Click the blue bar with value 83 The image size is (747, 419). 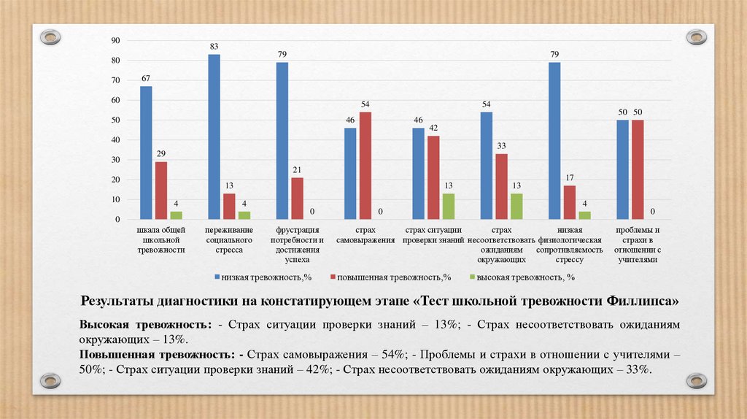click(214, 137)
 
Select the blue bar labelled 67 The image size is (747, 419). click(146, 153)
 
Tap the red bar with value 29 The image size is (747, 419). click(160, 190)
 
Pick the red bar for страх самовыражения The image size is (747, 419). click(365, 166)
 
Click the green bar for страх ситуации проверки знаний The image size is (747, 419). click(448, 207)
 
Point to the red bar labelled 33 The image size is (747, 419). click(501, 186)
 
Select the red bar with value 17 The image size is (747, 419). click(569, 202)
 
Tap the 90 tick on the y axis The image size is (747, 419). click(115, 40)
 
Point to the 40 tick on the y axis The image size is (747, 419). click(115, 139)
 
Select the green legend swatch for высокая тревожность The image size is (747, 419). click(472, 277)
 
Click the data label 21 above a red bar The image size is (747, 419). click(297, 170)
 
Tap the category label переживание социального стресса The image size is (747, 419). click(229, 240)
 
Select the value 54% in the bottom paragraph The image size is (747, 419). click(391, 355)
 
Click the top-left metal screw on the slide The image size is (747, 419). click(50, 36)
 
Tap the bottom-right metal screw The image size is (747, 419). click(696, 380)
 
